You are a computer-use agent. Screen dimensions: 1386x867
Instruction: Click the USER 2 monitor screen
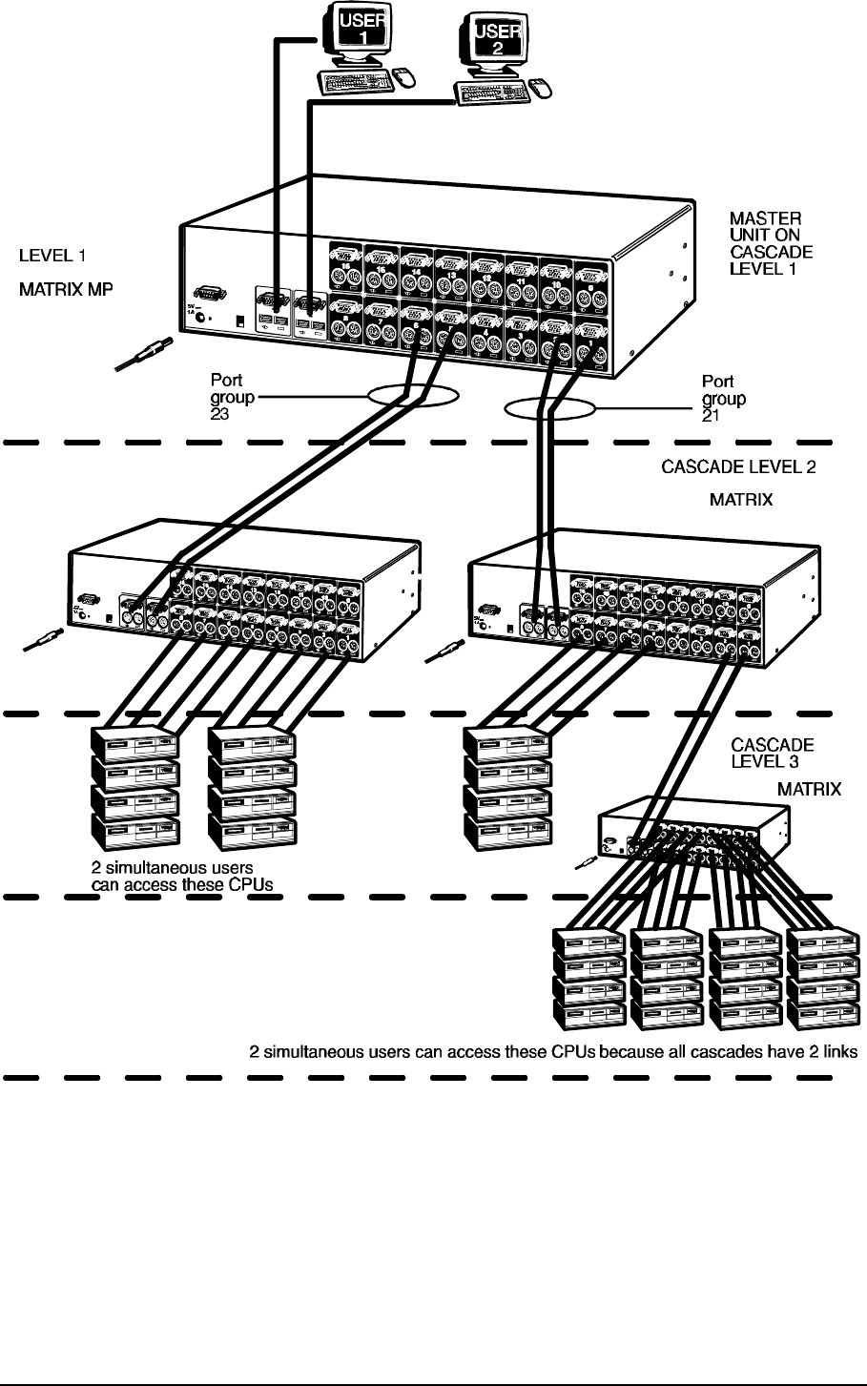click(x=494, y=44)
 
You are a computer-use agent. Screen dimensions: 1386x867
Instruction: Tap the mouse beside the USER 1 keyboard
click(x=403, y=75)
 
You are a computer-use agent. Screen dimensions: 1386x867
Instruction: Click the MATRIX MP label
click(x=66, y=286)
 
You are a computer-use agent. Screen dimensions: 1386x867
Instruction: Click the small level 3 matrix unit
click(x=692, y=830)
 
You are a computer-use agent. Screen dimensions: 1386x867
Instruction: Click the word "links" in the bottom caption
click(x=840, y=1052)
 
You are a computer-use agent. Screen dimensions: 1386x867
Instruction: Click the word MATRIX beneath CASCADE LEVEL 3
click(x=809, y=789)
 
